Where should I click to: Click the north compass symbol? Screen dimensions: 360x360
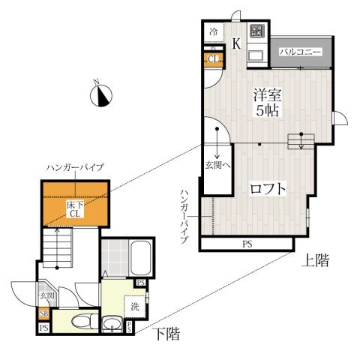tap(100, 94)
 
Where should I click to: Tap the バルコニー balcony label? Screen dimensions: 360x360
tap(300, 52)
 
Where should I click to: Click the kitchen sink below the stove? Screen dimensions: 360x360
tap(256, 56)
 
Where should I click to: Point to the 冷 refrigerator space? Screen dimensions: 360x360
tap(214, 32)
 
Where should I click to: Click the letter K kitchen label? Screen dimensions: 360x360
tap(236, 43)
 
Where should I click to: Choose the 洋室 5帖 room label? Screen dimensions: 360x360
tap(267, 103)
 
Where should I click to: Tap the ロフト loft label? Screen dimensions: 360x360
tap(268, 189)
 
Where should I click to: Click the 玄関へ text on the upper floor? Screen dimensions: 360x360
tap(217, 165)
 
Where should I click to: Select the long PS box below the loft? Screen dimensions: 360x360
tap(247, 244)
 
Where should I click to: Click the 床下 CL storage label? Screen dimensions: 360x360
tap(75, 209)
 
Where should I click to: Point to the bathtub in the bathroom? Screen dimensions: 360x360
tap(141, 257)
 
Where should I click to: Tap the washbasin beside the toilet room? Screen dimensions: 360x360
tap(112, 324)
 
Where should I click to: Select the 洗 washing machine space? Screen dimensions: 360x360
tap(135, 306)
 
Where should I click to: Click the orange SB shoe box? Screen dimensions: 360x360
tap(44, 314)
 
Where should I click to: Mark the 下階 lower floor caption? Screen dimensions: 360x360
tap(167, 334)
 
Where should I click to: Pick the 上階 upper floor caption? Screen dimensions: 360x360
tap(316, 260)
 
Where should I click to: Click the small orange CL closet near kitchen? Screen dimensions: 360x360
tap(213, 59)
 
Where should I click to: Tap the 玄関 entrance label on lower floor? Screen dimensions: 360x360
tap(47, 296)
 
